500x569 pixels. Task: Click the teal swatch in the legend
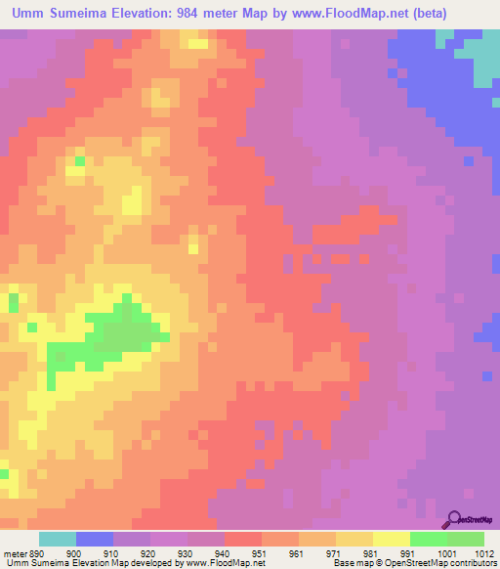pyautogui.click(x=58, y=539)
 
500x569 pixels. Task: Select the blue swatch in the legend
pyautogui.click(x=95, y=539)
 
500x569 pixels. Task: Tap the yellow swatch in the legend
pyautogui.click(x=392, y=539)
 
